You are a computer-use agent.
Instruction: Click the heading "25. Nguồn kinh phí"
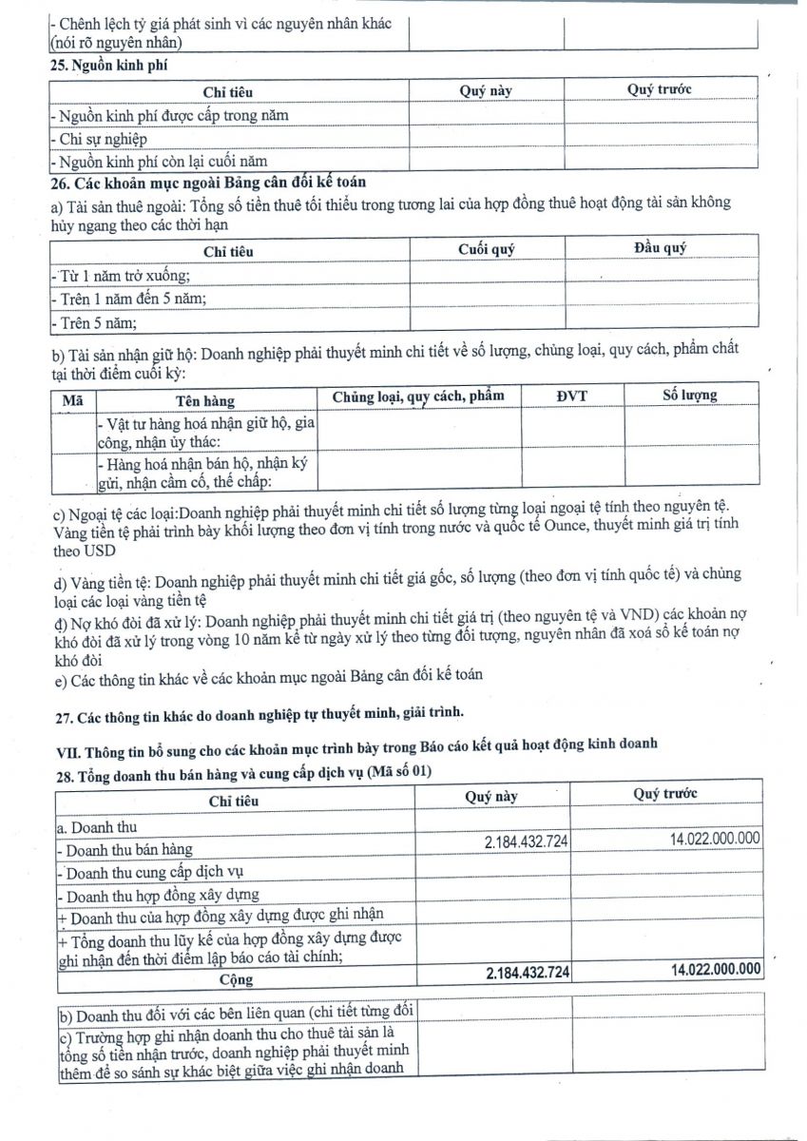(108, 65)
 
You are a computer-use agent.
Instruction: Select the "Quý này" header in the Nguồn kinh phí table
(486, 90)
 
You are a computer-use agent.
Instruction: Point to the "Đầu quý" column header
(660, 248)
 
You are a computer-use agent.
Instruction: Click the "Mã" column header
(72, 400)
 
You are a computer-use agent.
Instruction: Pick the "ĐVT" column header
(572, 395)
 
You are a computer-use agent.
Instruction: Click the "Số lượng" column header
(689, 395)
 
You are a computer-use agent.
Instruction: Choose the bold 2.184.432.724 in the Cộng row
(527, 973)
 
